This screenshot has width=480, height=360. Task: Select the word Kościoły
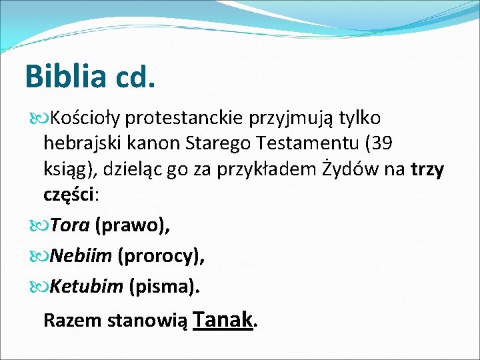point(86,119)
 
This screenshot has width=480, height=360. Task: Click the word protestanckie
point(183,119)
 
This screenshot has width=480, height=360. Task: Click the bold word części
point(69,195)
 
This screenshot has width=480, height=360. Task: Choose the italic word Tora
point(70,226)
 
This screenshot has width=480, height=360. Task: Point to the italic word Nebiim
point(81,256)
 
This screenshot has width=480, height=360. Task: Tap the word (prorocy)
point(161,256)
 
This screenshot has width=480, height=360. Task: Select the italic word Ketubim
point(87,287)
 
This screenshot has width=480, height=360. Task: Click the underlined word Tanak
point(224,319)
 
